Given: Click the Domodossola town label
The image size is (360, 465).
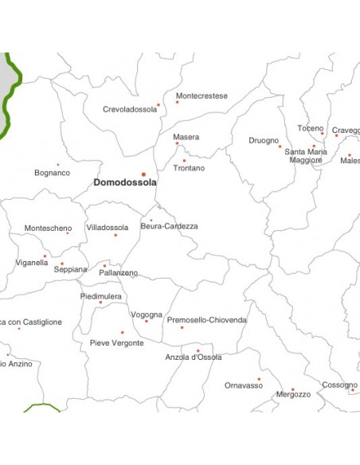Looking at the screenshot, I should [125, 182].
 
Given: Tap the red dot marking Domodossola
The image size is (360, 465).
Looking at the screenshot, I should [143, 174].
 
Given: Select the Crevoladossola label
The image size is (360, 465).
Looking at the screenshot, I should [130, 110].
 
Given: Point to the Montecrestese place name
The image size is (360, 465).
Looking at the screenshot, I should [202, 96].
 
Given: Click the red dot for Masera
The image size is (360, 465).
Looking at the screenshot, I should [178, 143].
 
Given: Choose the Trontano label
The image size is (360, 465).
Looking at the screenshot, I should [189, 168].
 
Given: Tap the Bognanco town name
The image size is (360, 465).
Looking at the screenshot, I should [53, 173].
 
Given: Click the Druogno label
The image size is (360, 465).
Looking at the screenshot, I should [264, 141].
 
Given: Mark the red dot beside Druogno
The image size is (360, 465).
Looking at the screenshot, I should [280, 146].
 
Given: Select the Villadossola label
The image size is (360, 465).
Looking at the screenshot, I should [108, 227].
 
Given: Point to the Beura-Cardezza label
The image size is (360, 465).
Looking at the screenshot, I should [169, 226].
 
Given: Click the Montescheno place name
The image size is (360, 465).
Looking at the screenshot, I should [48, 228].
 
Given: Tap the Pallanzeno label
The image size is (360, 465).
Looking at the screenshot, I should [119, 273].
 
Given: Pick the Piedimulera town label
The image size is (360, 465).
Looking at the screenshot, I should [101, 295].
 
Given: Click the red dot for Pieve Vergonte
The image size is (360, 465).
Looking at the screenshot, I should [122, 333].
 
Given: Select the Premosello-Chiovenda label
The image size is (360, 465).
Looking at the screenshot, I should [206, 320].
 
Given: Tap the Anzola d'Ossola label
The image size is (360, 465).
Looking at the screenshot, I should [194, 358].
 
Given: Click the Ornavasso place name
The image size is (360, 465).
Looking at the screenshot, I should [244, 385].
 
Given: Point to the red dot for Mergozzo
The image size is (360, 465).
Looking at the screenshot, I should [292, 389].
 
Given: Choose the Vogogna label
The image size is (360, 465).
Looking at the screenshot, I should [147, 315].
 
